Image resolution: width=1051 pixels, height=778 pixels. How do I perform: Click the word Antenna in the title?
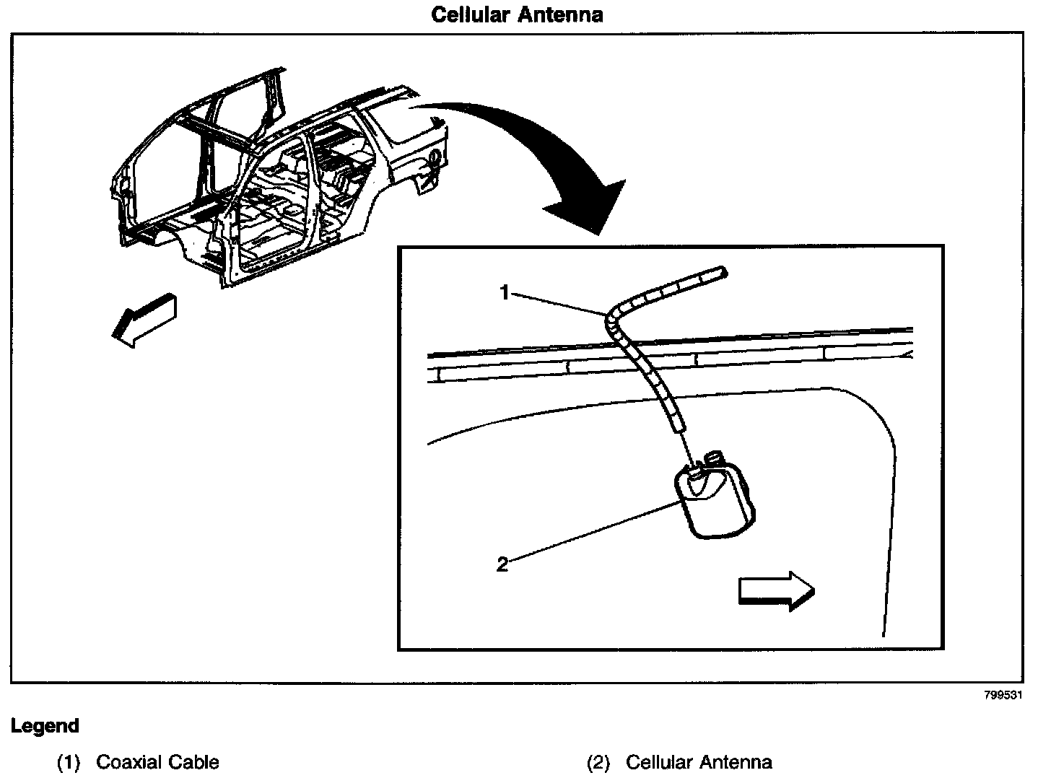coord(560,14)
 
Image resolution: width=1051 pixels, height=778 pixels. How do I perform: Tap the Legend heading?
coord(45,725)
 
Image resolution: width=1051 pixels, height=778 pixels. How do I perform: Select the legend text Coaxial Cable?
coord(157,762)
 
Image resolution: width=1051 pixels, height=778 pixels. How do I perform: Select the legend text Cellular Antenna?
coord(699,762)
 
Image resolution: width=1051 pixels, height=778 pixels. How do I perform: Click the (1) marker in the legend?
coord(68,762)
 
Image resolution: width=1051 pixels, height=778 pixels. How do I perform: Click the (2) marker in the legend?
coord(598,762)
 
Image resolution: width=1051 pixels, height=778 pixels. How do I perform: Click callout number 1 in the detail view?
coord(505,292)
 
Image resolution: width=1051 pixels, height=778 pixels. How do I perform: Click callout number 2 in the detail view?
coord(502,564)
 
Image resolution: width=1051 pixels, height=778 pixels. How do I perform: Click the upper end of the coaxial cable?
coord(721,272)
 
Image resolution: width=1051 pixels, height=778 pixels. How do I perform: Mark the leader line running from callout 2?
coord(592,531)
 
